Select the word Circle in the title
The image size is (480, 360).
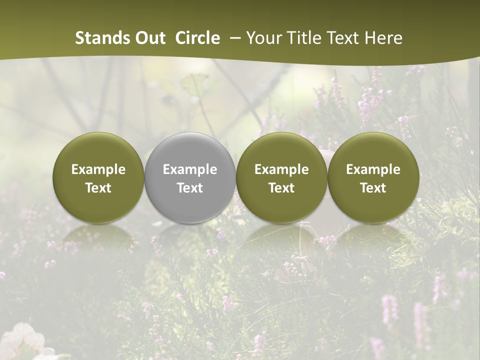(x=197, y=38)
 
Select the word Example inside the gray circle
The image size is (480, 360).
(x=190, y=169)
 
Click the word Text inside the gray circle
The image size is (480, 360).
(x=190, y=188)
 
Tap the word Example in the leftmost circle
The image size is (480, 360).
(x=98, y=169)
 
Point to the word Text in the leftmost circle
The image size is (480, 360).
(x=98, y=188)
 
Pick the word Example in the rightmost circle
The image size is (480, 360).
(x=373, y=169)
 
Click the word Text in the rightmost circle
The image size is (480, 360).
(x=373, y=188)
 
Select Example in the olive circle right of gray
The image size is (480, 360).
(x=281, y=169)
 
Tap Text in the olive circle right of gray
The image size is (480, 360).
(x=281, y=188)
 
